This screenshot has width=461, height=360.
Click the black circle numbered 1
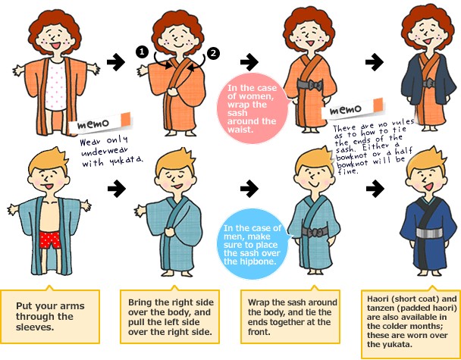142,52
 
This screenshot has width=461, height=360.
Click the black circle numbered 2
214,53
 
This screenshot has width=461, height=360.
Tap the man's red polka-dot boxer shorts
50,239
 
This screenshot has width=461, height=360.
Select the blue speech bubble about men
252,245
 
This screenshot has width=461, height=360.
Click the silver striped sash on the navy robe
430,233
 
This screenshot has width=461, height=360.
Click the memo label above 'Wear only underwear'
100,123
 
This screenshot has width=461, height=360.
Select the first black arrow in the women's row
116,62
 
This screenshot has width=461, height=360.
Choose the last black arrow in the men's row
375,188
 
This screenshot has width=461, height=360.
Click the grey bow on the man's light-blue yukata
315,232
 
